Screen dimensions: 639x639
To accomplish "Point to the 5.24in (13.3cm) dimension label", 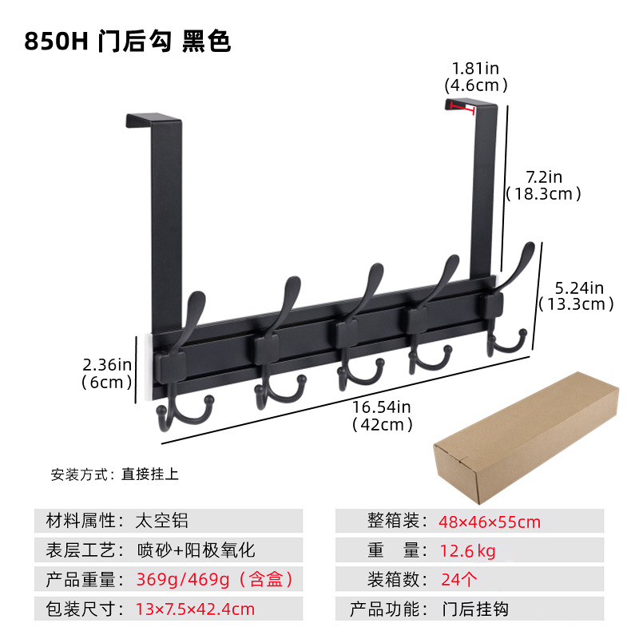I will coord(576,296).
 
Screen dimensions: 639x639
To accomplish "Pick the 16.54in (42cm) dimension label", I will coord(383,416).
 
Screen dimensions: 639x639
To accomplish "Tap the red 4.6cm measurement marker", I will coord(462,107).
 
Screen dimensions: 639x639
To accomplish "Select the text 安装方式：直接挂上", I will coord(115,474).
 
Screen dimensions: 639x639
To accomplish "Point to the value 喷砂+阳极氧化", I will coord(196,550).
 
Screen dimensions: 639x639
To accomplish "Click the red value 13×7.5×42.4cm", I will coord(196,609).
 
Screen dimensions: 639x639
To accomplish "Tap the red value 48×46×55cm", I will coord(490,522).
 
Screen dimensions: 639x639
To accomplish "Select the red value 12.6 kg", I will coord(468,550).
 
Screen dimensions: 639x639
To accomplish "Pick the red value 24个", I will coord(460,579).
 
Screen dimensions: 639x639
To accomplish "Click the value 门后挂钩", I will coord(475,609).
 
